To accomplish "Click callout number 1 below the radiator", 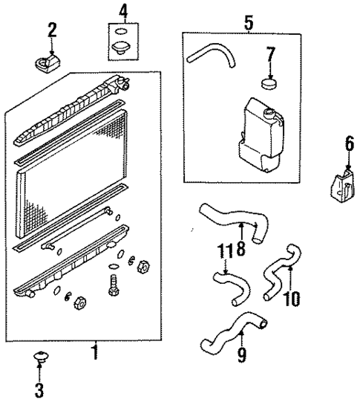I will tap(95, 349).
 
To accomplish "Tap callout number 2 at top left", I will tap(52, 30).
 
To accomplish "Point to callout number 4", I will tap(123, 11).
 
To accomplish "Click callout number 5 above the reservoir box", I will tap(248, 22).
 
